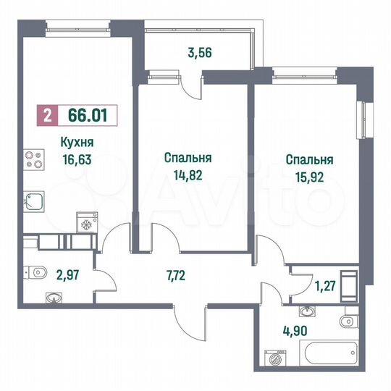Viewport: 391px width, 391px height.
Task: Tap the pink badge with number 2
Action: tap(47, 114)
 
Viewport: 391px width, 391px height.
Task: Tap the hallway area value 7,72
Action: tap(174, 274)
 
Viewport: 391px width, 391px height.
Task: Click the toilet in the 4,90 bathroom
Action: tap(350, 319)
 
